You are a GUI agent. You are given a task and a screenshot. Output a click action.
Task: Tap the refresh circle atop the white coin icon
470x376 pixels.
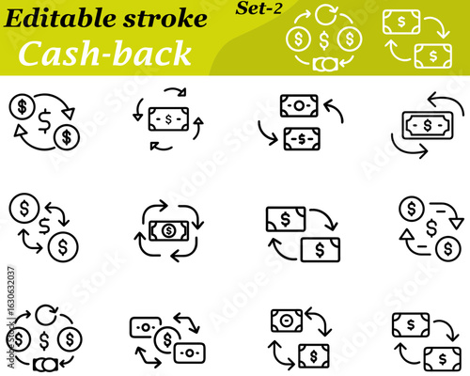pyautogui.click(x=325, y=14)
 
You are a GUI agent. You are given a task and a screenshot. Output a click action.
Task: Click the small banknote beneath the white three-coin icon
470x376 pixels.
pyautogui.click(x=325, y=65)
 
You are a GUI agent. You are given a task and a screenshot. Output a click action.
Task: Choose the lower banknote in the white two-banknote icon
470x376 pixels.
pyautogui.click(x=432, y=55)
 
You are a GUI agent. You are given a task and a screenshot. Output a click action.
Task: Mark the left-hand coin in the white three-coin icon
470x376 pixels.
pyautogui.click(x=299, y=40)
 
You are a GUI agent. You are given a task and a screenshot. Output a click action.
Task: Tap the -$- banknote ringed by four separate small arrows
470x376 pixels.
pyautogui.click(x=168, y=120)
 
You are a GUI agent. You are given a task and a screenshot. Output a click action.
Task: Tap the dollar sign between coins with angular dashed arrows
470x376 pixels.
pyautogui.click(x=431, y=227)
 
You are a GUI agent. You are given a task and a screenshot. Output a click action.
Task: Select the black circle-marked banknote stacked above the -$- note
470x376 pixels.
pyautogui.click(x=299, y=105)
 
